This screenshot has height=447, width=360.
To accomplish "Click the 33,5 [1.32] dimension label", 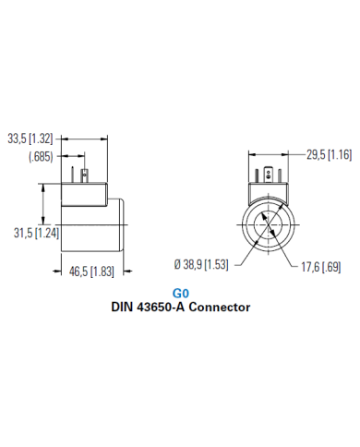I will (30, 139).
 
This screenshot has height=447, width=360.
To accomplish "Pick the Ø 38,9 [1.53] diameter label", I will (201, 265).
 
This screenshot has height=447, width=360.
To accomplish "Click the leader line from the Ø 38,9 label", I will (238, 260).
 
